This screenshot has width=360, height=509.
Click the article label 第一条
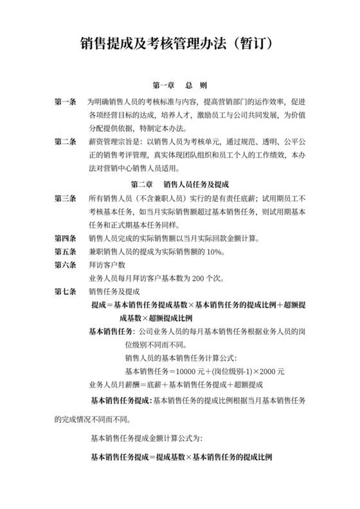tap(66, 102)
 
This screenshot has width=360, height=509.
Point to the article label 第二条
tap(66, 141)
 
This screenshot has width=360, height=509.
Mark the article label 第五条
tap(66, 252)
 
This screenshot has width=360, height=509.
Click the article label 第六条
tap(66, 265)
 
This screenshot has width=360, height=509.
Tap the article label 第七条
tap(66, 291)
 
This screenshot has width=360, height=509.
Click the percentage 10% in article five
tap(213, 252)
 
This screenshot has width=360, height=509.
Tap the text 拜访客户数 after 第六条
tap(107, 265)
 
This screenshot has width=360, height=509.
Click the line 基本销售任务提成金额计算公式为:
tap(147, 439)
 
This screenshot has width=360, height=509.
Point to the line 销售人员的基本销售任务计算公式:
tap(181, 358)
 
